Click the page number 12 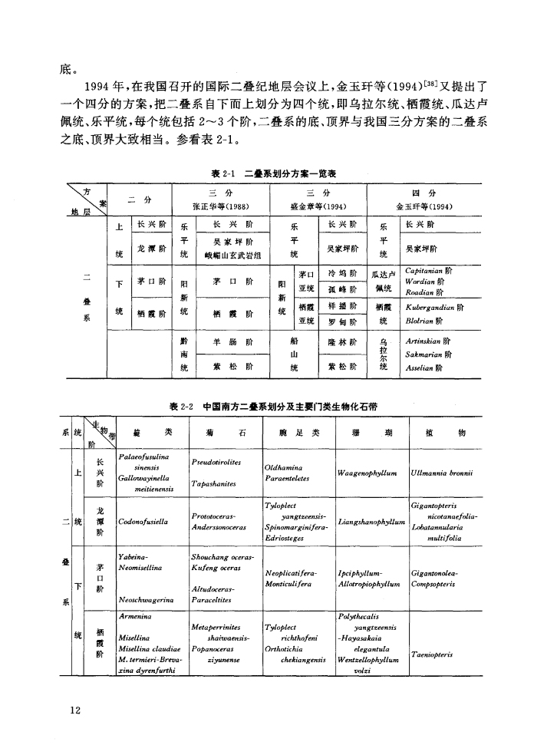74,710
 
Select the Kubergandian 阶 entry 438,305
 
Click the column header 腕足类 295,433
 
